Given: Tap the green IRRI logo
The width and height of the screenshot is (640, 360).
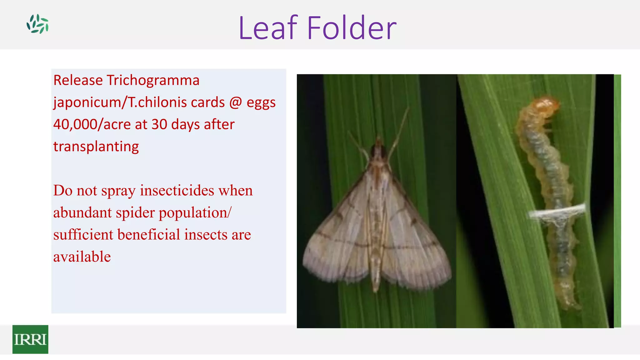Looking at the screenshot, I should (x=30, y=339).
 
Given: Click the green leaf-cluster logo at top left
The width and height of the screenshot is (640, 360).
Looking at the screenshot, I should (x=37, y=24).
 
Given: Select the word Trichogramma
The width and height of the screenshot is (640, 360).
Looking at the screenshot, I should (x=153, y=80).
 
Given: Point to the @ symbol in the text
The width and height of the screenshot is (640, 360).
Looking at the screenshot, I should (x=235, y=102).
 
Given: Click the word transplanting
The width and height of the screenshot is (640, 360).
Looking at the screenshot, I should (x=96, y=147).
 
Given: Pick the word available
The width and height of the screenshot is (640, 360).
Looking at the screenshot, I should (x=82, y=257).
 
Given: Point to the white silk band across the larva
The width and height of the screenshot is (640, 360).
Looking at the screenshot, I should (x=556, y=212).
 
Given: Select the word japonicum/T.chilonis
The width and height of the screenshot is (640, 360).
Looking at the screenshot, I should (x=139, y=102).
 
